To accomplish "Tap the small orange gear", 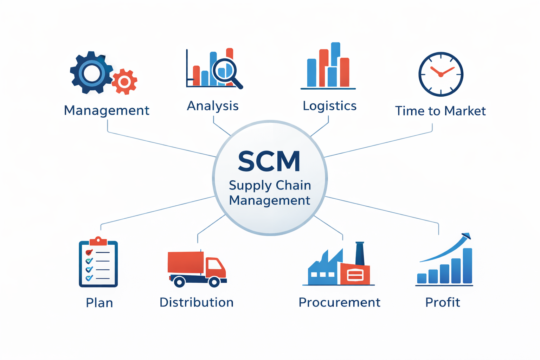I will point(124,82).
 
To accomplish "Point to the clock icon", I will point(441,74).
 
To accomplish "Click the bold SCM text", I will point(269,162).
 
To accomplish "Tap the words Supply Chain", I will point(270,185).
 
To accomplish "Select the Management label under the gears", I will point(107,110).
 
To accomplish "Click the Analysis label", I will point(213,106).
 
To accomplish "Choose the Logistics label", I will point(329,106).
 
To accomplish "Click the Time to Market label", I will point(440,111).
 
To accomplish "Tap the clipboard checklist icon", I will point(98,264).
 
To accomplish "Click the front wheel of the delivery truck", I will point(214,282).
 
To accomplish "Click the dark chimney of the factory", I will point(360,253).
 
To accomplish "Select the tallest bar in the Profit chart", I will point(467,266).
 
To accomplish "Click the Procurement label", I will point(339,302).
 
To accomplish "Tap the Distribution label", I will point(197,302).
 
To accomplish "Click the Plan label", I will point(99,303).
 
